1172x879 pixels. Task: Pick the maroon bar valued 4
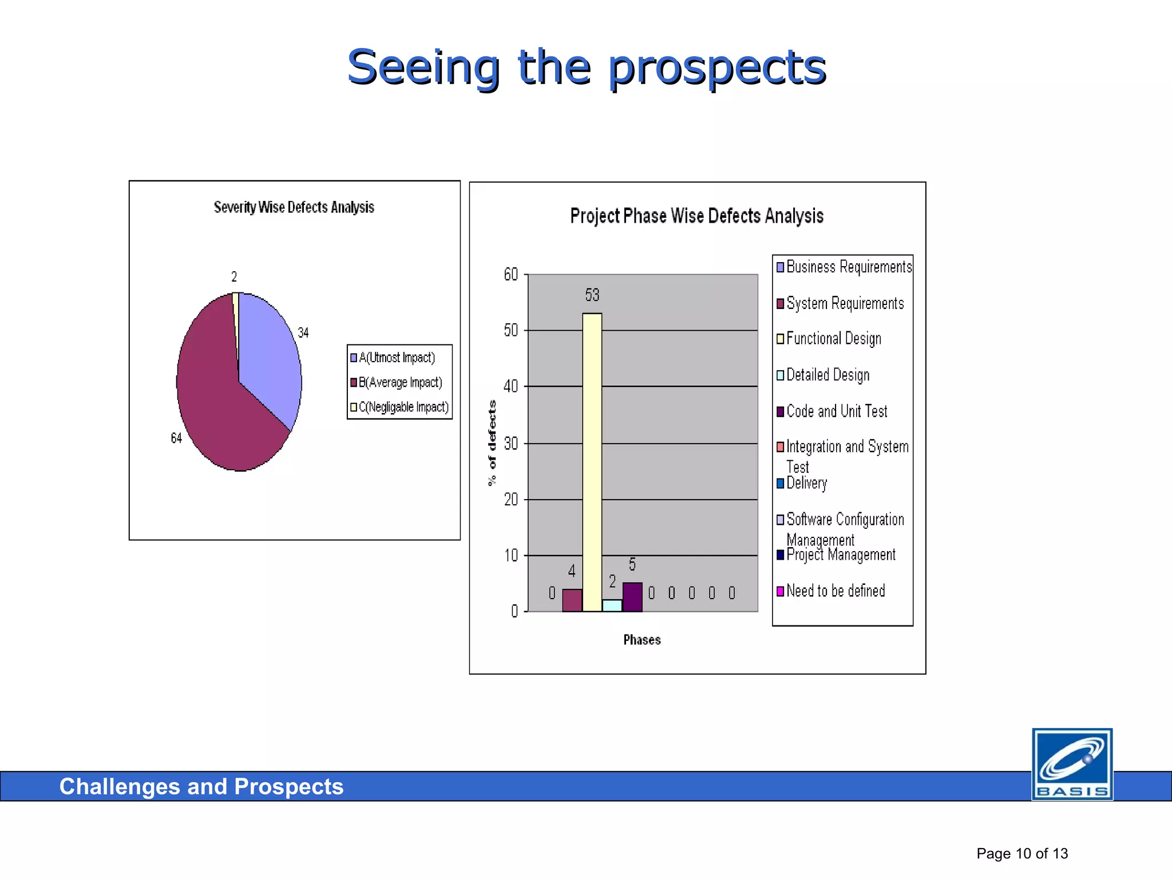(572, 600)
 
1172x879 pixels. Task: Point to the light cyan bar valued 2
(612, 605)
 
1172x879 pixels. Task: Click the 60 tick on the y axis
(510, 275)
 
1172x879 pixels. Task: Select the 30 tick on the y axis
(510, 444)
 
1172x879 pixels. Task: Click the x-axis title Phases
(642, 640)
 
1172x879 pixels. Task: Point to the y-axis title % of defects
(492, 443)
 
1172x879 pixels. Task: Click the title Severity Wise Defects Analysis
(294, 207)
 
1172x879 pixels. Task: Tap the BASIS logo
(1072, 764)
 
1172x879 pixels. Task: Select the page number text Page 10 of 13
(1022, 853)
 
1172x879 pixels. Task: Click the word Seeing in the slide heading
(423, 68)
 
